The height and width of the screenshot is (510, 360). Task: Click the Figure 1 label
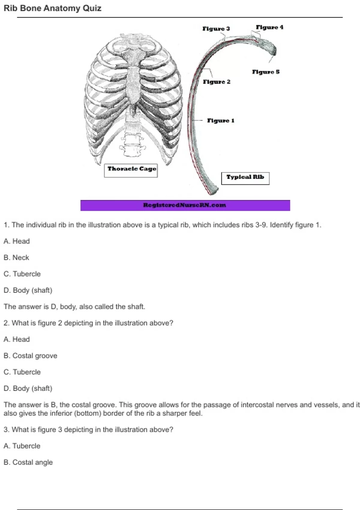point(220,121)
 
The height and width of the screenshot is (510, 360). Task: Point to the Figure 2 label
point(217,82)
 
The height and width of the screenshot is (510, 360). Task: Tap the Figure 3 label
point(216,29)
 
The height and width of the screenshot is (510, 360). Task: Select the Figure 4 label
point(269,27)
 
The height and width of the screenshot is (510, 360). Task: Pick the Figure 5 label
point(265,72)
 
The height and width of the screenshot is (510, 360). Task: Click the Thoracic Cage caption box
point(131,170)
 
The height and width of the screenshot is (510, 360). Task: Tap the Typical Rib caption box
point(245,178)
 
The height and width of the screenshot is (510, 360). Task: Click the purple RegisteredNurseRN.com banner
point(185,205)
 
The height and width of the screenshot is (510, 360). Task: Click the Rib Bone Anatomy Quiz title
point(52,8)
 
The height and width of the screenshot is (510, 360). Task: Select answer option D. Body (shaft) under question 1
point(28,290)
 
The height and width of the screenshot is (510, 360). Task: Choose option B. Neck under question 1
point(16,258)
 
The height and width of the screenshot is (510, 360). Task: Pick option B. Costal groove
point(30,356)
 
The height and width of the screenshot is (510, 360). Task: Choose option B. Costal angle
point(28,462)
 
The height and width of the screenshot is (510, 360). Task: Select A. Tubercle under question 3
point(22,446)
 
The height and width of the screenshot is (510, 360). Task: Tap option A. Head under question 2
point(17,339)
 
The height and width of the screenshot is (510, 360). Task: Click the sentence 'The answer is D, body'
point(74,307)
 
